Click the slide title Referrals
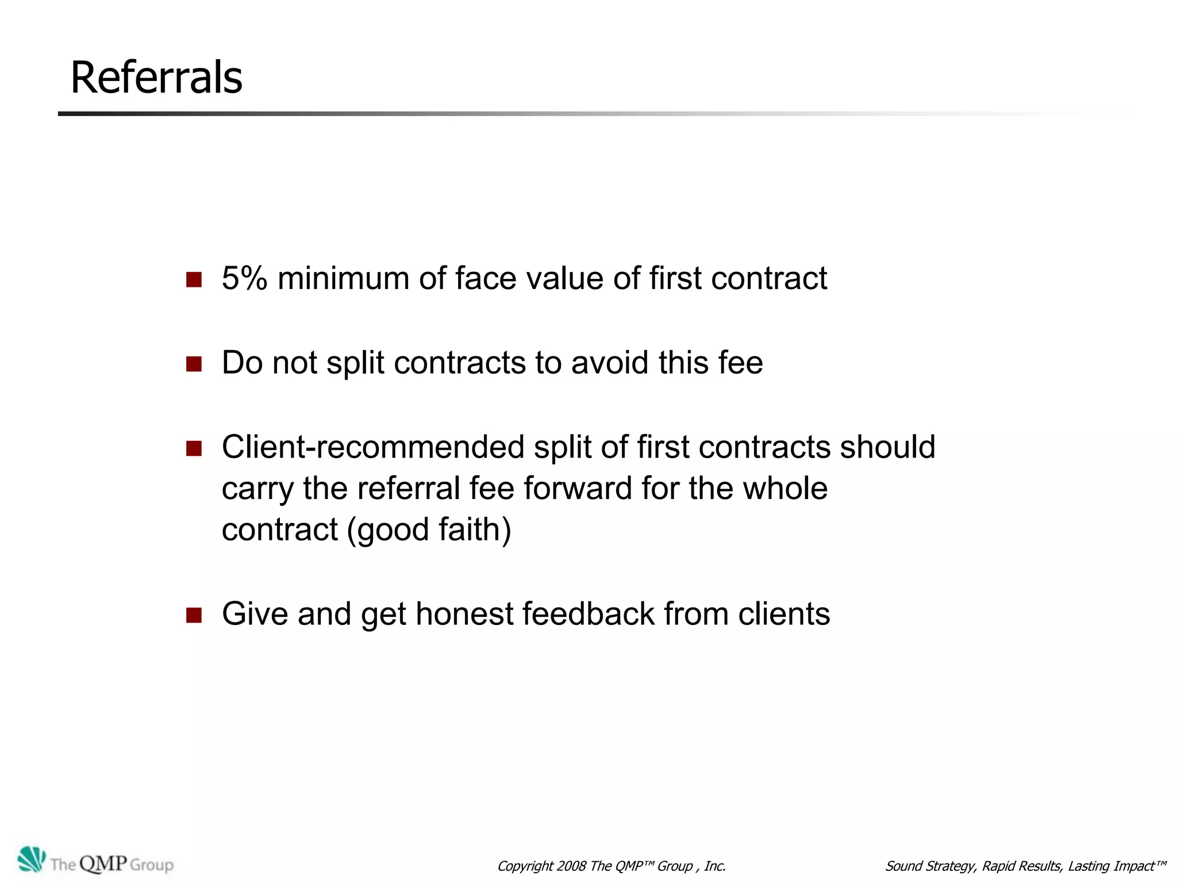pos(156,78)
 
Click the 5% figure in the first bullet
pos(244,278)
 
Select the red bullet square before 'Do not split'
pos(194,364)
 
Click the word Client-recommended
pos(373,447)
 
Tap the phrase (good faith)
pos(429,529)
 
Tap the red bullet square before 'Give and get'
pos(194,615)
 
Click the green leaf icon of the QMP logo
pos(31,860)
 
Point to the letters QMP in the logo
pos(103,863)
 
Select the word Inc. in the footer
pos(715,866)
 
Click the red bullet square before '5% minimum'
pos(194,280)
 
